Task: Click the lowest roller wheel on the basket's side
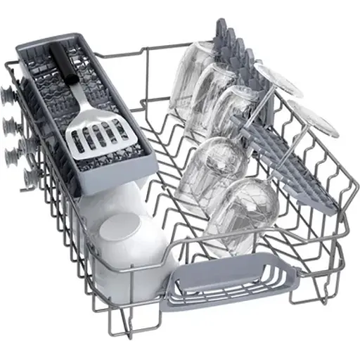(29, 176)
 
